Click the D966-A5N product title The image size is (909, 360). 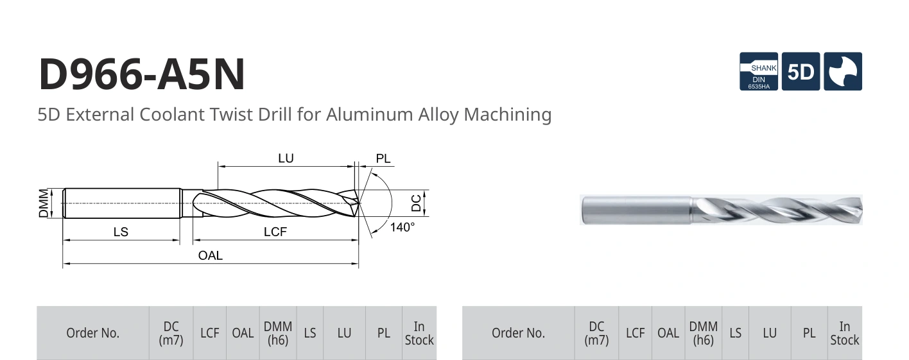click(x=142, y=74)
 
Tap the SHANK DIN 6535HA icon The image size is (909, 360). click(x=758, y=71)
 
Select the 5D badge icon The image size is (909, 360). click(x=801, y=71)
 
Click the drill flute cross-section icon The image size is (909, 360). click(x=843, y=71)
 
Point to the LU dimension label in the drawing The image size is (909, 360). click(x=286, y=159)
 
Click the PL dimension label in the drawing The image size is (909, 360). click(x=383, y=159)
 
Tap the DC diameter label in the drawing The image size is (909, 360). click(x=416, y=203)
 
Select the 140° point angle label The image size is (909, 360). click(x=402, y=227)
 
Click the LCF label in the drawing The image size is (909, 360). click(x=275, y=232)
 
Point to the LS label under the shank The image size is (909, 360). click(x=121, y=232)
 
